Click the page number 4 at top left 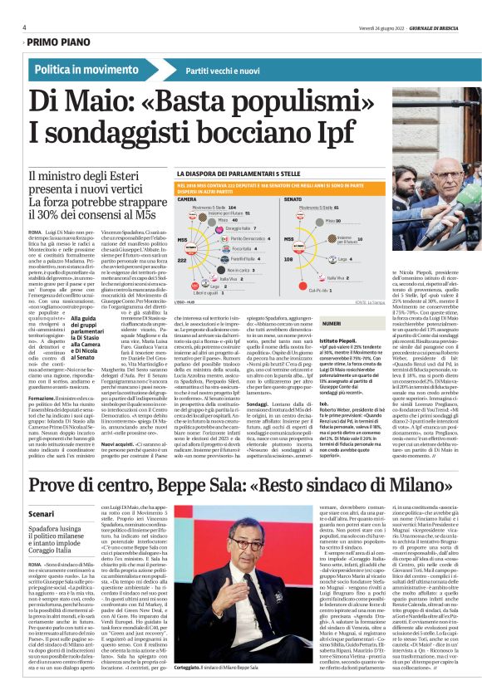24,27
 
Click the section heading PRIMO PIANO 65,40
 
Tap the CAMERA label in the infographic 188,199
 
